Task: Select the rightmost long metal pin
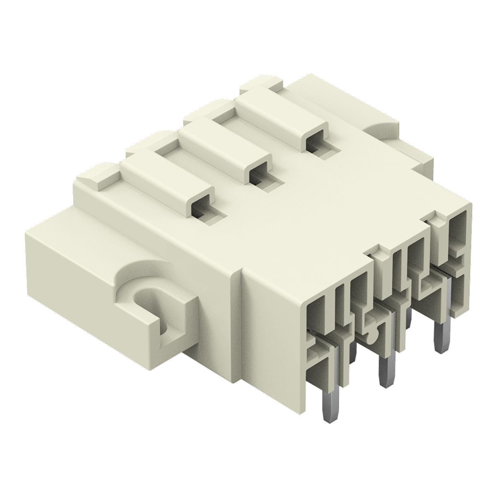(x=439, y=338)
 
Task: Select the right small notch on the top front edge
(x=433, y=215)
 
